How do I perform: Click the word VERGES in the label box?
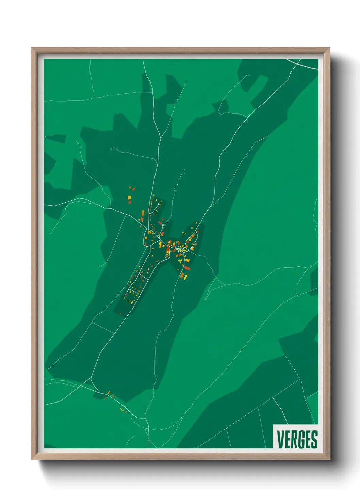pyautogui.click(x=297, y=440)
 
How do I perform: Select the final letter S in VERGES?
pyautogui.click(x=314, y=440)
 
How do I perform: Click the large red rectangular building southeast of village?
pyautogui.click(x=187, y=268)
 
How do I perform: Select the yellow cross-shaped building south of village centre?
pyautogui.click(x=180, y=261)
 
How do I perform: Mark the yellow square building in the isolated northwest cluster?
pyautogui.click(x=129, y=197)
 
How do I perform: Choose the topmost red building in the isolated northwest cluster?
pyautogui.click(x=133, y=189)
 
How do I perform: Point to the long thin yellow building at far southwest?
pyautogui.click(x=121, y=409)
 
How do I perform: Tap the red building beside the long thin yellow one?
pyautogui.click(x=126, y=412)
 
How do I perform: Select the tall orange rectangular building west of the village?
pyautogui.click(x=143, y=213)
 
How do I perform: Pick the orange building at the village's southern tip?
pyautogui.click(x=182, y=275)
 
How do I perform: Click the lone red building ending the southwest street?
pyautogui.click(x=120, y=314)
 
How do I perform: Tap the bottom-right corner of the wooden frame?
pyautogui.click(x=329, y=459)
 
